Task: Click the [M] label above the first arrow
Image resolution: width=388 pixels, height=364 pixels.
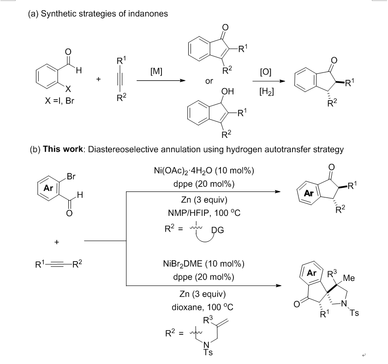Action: click(156, 72)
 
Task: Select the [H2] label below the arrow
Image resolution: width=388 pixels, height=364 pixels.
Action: click(267, 92)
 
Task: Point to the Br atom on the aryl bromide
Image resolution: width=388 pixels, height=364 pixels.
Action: click(72, 177)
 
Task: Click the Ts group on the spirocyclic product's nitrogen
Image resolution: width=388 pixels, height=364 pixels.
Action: click(354, 314)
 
